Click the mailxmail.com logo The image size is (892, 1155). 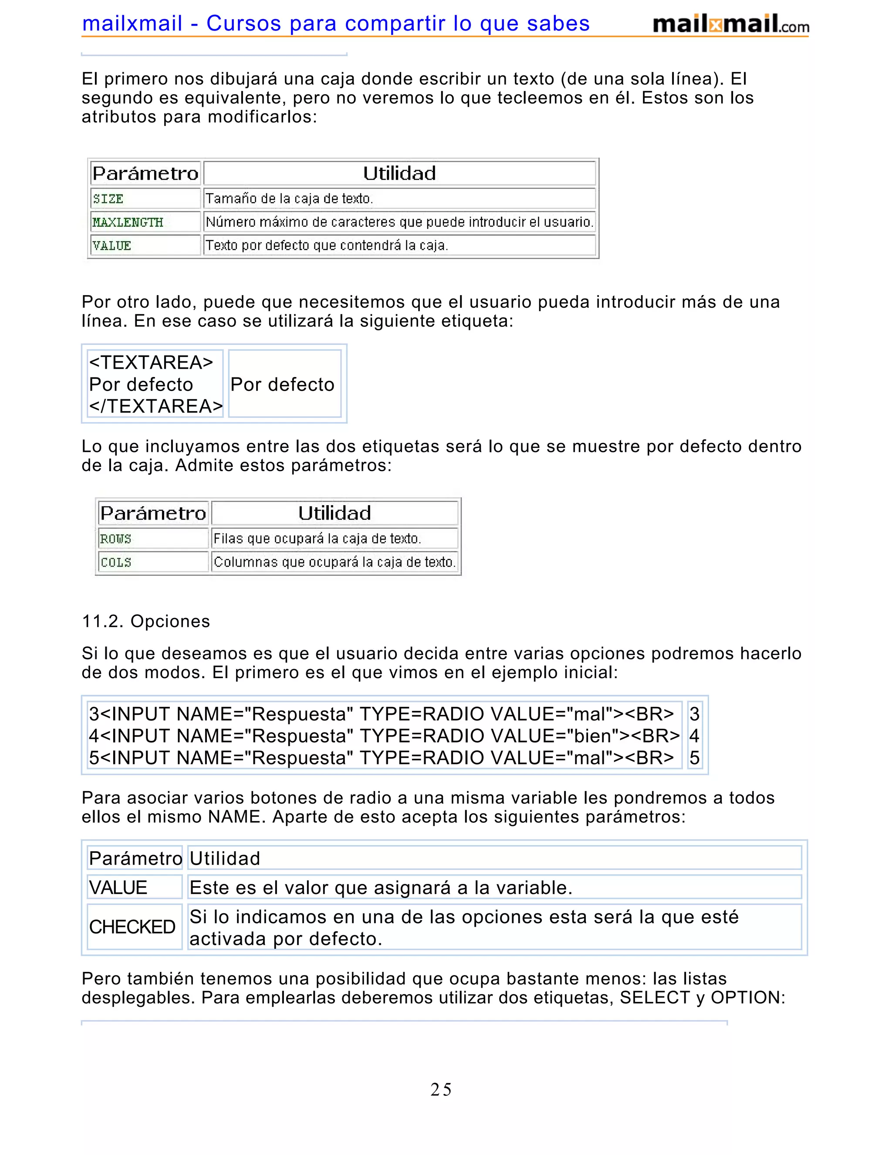click(730, 24)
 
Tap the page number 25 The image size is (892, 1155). click(441, 1090)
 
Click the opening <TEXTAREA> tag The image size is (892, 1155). click(151, 362)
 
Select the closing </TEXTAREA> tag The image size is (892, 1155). click(156, 406)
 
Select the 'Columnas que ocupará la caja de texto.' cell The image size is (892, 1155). click(334, 562)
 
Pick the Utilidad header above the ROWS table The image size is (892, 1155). click(334, 513)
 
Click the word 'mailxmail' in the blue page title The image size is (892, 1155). click(132, 23)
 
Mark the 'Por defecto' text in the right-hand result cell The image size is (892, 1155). click(282, 384)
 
